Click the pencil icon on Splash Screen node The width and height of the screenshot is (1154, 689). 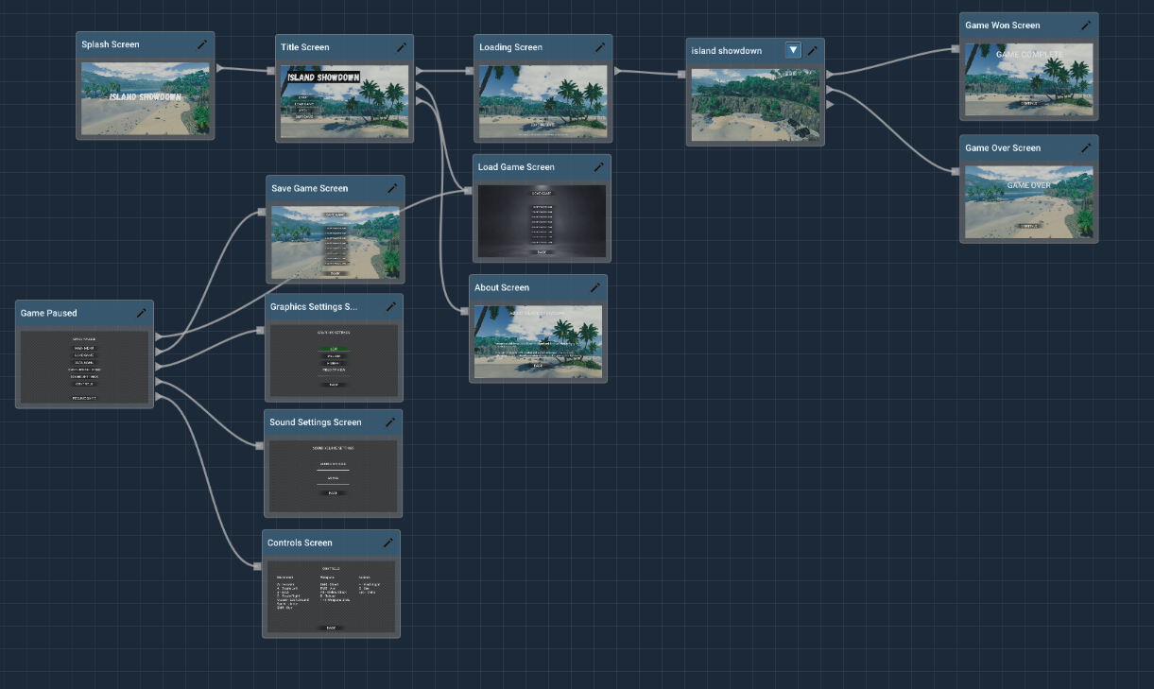pos(201,44)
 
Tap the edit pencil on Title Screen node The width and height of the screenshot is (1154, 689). pos(401,47)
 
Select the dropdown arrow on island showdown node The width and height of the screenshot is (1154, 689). pos(793,51)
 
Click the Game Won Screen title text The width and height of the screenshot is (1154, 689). pos(1002,26)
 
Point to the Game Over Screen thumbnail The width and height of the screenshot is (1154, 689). pos(1028,201)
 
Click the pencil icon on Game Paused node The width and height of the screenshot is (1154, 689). pos(141,313)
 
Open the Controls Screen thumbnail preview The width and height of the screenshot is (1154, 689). pos(331,595)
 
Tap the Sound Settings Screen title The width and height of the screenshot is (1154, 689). pos(316,422)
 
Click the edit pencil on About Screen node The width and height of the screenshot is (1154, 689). pos(594,287)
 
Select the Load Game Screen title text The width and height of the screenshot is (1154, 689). pos(516,167)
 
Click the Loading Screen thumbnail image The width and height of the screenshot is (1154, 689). pos(543,101)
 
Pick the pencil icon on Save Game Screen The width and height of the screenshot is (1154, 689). pos(392,188)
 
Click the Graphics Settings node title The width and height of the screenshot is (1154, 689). pos(314,307)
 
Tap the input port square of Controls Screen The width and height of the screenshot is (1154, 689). pos(257,566)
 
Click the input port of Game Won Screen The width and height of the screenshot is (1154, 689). pos(956,50)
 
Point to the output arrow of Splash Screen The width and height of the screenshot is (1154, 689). pos(220,68)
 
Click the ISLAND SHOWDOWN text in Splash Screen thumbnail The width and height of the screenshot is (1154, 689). pos(145,97)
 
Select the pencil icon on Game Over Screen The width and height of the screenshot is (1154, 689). pos(1086,147)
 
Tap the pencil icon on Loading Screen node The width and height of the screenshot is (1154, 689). pos(599,47)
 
